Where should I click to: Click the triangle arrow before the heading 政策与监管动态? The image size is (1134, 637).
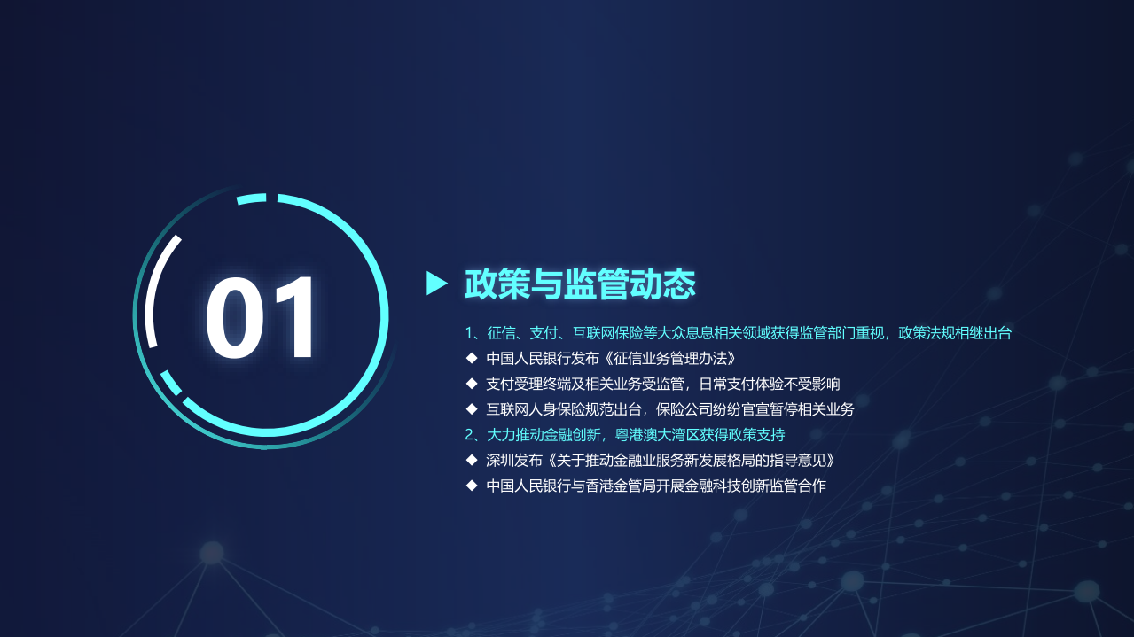click(x=436, y=284)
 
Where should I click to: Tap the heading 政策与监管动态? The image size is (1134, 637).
click(x=580, y=284)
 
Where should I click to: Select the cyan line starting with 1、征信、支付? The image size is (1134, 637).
click(x=738, y=333)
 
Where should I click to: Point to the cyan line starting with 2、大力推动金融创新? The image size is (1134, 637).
click(x=625, y=435)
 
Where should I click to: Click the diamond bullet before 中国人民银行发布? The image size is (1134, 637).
click(x=472, y=359)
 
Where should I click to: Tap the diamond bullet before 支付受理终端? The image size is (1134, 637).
click(x=472, y=384)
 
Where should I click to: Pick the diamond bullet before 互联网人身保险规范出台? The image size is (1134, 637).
click(x=472, y=409)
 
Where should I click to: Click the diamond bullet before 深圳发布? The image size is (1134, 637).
click(x=472, y=461)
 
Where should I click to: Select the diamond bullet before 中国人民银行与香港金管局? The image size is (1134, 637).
click(x=472, y=486)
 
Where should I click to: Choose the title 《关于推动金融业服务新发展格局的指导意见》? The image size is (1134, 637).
click(x=690, y=461)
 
